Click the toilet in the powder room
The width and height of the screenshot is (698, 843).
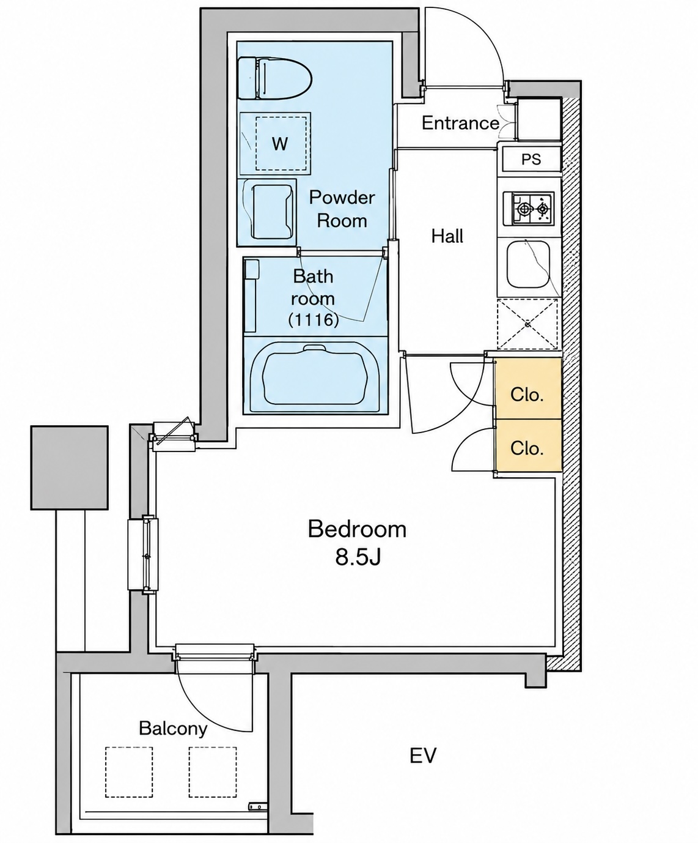click(275, 78)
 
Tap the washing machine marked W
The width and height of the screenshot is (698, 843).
click(276, 143)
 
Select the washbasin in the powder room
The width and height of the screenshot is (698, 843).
click(267, 213)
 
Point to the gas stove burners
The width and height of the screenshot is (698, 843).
click(528, 209)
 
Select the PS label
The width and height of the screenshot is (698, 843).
click(531, 160)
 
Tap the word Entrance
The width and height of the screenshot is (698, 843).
click(460, 123)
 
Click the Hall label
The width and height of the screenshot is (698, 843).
click(447, 236)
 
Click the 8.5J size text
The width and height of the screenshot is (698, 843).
click(358, 558)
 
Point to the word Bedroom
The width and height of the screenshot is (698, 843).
click(357, 529)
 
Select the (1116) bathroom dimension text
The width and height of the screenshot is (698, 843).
click(313, 320)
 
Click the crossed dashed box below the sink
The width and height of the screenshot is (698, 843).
click(527, 324)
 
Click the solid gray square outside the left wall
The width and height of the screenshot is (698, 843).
click(70, 467)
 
